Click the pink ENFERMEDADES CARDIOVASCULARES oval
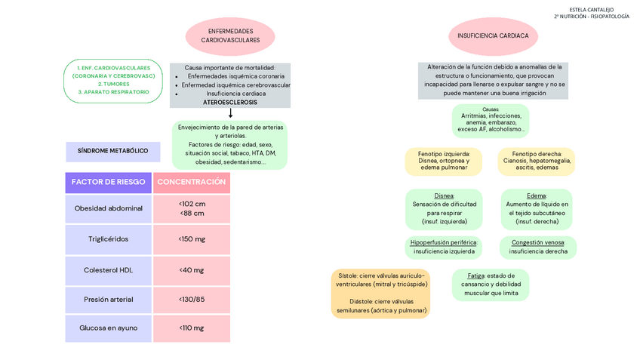pyautogui.click(x=230, y=35)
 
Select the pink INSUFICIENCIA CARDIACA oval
pyautogui.click(x=493, y=35)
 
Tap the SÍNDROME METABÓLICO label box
pyautogui.click(x=113, y=151)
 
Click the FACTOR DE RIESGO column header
pyautogui.click(x=109, y=182)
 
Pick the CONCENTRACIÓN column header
pyautogui.click(x=192, y=182)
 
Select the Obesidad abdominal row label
pyautogui.click(x=109, y=208)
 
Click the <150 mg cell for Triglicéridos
pyautogui.click(x=192, y=239)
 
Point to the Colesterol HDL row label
pyautogui.click(x=109, y=269)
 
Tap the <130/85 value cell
pyautogui.click(x=192, y=300)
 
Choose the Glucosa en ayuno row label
pyautogui.click(x=109, y=328)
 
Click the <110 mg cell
pyautogui.click(x=192, y=328)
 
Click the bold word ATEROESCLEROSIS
pyautogui.click(x=230, y=102)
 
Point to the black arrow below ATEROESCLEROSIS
pyautogui.click(x=230, y=113)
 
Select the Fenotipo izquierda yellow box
pyautogui.click(x=445, y=160)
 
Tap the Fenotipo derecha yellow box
pyautogui.click(x=537, y=160)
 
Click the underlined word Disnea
pyautogui.click(x=444, y=195)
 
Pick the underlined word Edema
pyautogui.click(x=536, y=195)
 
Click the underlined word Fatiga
pyautogui.click(x=475, y=275)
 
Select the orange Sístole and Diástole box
pyautogui.click(x=381, y=293)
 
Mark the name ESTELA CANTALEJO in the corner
pyautogui.click(x=591, y=10)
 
